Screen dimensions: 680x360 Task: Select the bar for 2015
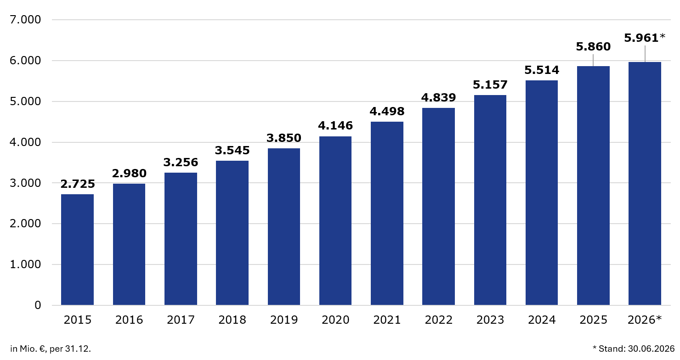point(77,250)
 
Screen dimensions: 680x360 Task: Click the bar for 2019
point(284,226)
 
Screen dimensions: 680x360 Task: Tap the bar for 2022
point(438,207)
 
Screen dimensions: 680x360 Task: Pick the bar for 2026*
point(645,184)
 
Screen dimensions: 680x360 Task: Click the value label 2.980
point(129,174)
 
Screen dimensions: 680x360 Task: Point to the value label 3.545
point(232,151)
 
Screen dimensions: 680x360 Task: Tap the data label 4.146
point(335,125)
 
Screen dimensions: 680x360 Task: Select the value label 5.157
point(490,84)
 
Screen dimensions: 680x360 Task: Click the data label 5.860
point(593,47)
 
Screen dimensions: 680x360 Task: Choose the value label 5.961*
point(645,38)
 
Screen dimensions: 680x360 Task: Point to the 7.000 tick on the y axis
point(25,20)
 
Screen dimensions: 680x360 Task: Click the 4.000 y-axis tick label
point(25,142)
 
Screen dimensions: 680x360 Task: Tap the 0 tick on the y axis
point(38,305)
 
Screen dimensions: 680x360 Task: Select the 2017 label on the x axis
point(181,320)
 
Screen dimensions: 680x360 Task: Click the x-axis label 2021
point(387,320)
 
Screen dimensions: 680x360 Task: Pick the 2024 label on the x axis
point(542,320)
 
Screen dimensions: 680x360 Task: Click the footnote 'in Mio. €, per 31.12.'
point(51,349)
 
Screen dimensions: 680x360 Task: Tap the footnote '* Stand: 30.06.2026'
point(634,349)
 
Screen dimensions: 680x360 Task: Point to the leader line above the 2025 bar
point(593,60)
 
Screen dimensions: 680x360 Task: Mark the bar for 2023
point(490,200)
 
